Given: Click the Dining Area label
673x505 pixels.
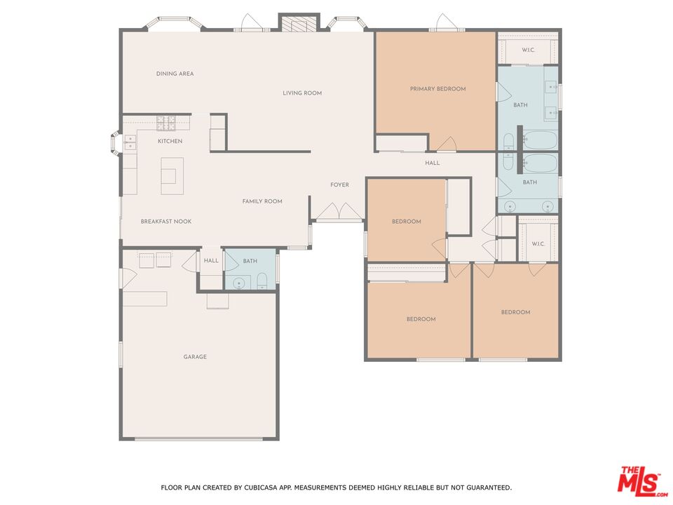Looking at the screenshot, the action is (175, 74).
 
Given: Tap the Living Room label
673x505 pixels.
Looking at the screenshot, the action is (302, 93).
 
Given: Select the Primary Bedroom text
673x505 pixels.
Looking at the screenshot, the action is (437, 89).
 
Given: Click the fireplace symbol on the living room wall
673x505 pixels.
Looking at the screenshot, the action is (299, 25).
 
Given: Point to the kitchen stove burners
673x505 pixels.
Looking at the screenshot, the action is (165, 123).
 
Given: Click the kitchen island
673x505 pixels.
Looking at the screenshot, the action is (172, 176).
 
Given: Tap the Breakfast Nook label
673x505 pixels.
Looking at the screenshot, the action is (166, 222).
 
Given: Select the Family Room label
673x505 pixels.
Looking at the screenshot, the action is (262, 201).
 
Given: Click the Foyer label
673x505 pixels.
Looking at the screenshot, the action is (339, 184).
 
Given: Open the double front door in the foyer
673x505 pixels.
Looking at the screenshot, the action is (339, 212).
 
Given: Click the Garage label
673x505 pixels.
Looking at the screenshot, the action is (195, 357).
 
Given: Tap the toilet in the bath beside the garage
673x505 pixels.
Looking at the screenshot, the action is (261, 282).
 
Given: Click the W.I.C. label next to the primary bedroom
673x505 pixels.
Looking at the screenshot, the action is (529, 50).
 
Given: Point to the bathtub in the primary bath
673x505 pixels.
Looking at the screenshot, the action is (540, 140).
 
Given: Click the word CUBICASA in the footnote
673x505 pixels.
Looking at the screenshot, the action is (261, 487).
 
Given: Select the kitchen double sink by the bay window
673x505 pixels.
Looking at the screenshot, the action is (130, 142).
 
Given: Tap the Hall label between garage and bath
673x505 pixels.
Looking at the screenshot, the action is (211, 261).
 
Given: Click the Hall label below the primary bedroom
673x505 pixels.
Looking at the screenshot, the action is (433, 163).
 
